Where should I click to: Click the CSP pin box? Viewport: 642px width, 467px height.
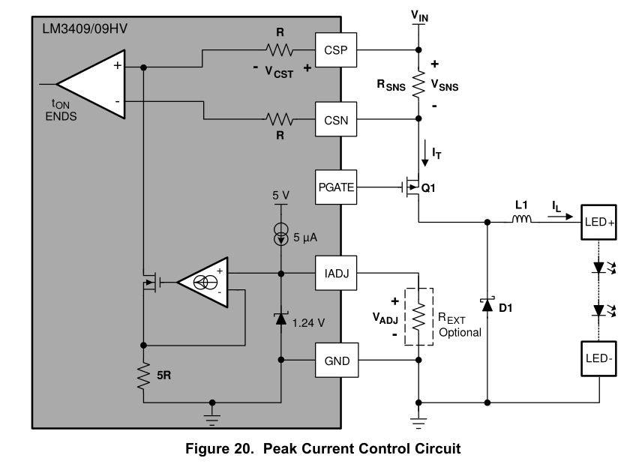[x=334, y=50]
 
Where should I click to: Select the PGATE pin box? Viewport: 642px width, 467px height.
[x=334, y=186]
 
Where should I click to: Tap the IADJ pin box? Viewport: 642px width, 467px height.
[x=334, y=274]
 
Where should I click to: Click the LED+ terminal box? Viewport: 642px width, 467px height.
[x=598, y=222]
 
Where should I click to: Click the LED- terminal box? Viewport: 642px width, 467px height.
[x=598, y=360]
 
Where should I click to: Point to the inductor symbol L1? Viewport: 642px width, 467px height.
[x=521, y=220]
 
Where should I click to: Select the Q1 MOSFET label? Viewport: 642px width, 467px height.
[x=427, y=189]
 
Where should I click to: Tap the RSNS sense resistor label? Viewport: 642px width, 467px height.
[x=391, y=86]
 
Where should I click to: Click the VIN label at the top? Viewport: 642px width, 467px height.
[x=419, y=14]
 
